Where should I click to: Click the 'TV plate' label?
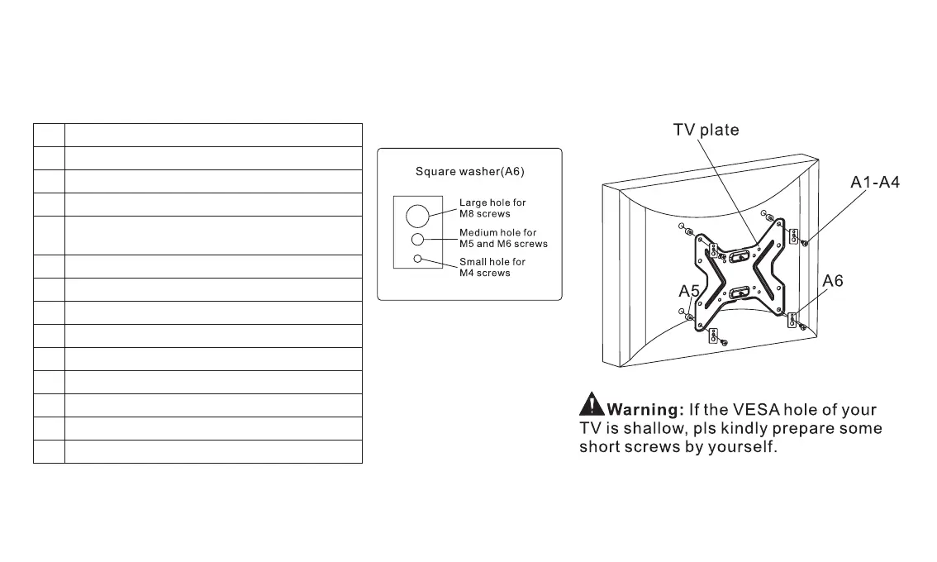[705, 131]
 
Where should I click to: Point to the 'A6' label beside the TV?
[833, 282]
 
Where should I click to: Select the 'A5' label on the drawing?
[689, 291]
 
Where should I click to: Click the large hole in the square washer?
[418, 216]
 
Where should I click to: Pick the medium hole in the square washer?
[418, 239]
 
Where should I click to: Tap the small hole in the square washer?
[418, 259]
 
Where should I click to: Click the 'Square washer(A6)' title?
[469, 172]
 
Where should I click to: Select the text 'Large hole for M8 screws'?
[492, 207]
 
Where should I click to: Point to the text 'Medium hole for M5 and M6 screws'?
[503, 238]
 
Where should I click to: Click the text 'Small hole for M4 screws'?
[492, 268]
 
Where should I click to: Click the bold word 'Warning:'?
[644, 410]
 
